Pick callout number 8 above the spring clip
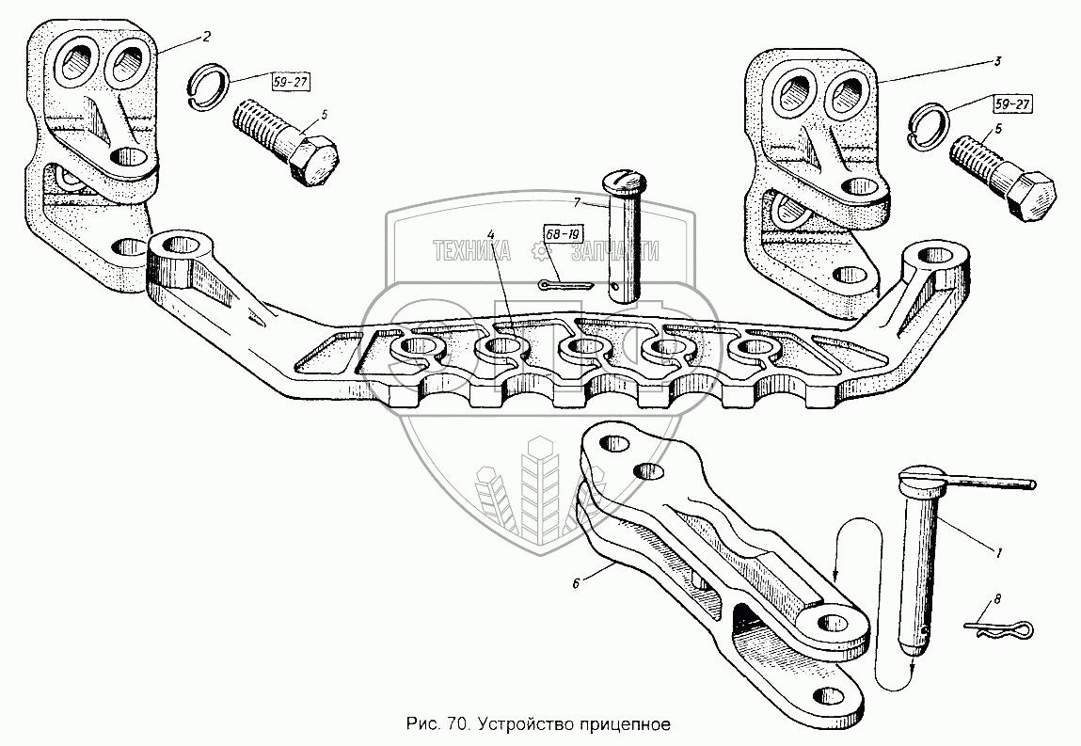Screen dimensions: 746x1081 point(997,598)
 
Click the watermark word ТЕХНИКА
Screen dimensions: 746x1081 point(471,251)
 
